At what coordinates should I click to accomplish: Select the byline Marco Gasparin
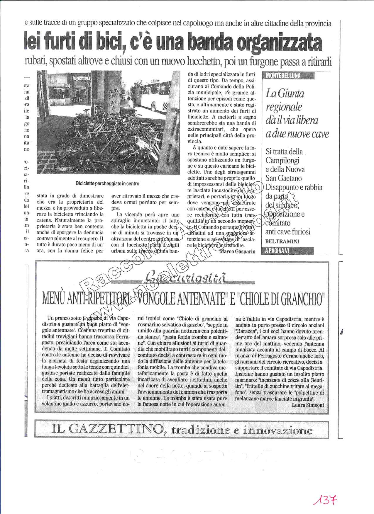click(237, 251)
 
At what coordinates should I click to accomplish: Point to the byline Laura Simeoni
click(308, 405)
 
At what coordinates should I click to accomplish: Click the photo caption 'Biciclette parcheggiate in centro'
click(107, 184)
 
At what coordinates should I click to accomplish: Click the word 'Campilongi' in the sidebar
click(282, 161)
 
